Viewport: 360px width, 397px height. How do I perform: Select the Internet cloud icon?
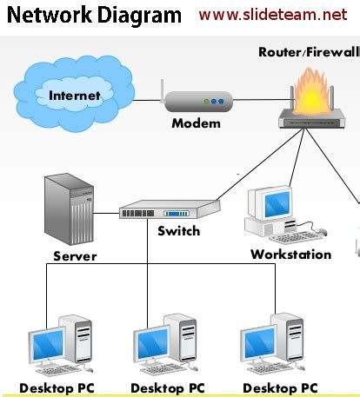[74, 94]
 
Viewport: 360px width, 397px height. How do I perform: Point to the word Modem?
[196, 123]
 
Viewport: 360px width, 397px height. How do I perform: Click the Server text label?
[75, 256]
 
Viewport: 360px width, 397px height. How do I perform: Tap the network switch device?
[169, 210]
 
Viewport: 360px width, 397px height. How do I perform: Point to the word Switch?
[178, 231]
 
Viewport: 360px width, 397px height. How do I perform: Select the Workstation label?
[290, 255]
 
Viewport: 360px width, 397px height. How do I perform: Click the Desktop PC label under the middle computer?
[168, 387]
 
